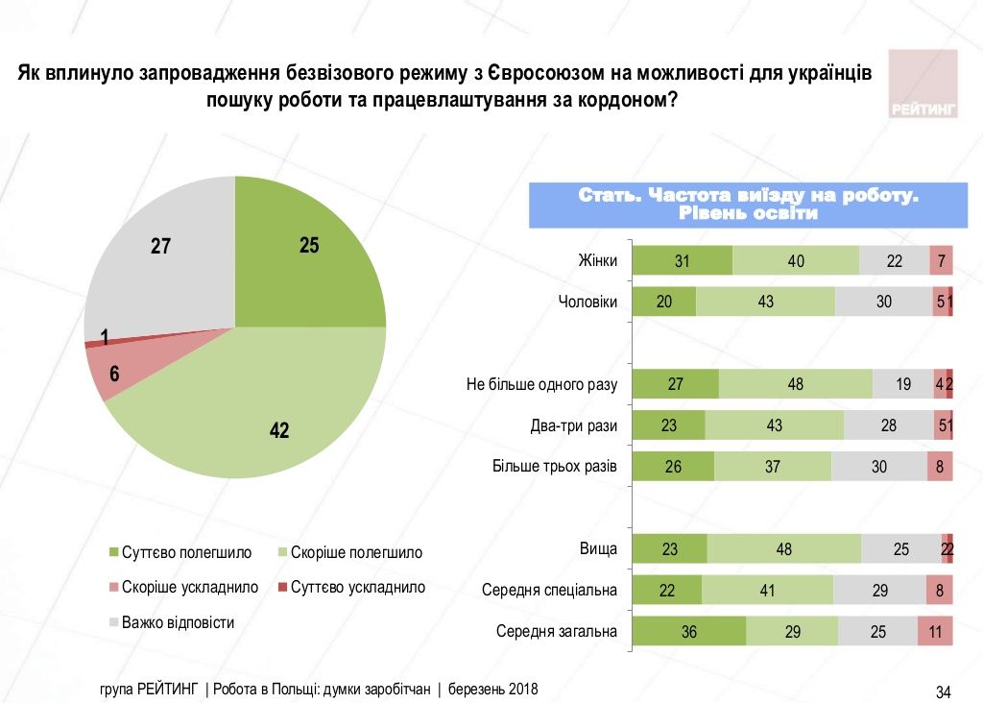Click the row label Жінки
[x=597, y=260]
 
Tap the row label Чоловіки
[x=587, y=302]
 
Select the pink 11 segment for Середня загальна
[x=935, y=632]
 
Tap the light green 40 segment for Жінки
[x=795, y=260]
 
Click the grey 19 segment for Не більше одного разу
[x=902, y=384]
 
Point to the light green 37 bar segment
[x=772, y=467]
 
